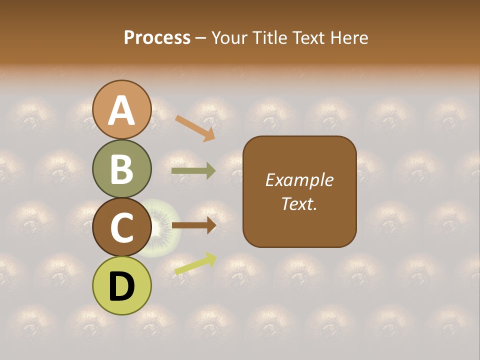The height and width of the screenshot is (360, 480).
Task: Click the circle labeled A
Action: [122, 109]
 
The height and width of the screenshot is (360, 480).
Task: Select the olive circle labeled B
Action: [122, 168]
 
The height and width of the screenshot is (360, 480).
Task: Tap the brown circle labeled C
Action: [122, 227]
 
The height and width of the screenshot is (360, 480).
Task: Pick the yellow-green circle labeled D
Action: [122, 285]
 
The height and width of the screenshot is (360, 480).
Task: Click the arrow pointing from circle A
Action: [195, 127]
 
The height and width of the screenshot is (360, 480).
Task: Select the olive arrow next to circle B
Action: [193, 171]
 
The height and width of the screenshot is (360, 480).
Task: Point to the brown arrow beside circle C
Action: [193, 225]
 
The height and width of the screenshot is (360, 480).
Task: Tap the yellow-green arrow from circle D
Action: [195, 263]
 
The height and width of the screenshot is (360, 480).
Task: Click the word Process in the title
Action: [157, 37]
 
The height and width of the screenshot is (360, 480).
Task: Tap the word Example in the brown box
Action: [299, 180]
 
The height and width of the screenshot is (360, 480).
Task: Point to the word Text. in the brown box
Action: [299, 203]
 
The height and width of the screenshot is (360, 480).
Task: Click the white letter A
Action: [122, 110]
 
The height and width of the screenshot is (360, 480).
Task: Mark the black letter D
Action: [122, 286]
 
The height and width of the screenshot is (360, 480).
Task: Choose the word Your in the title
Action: [229, 37]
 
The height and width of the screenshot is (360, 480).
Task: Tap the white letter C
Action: [122, 227]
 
